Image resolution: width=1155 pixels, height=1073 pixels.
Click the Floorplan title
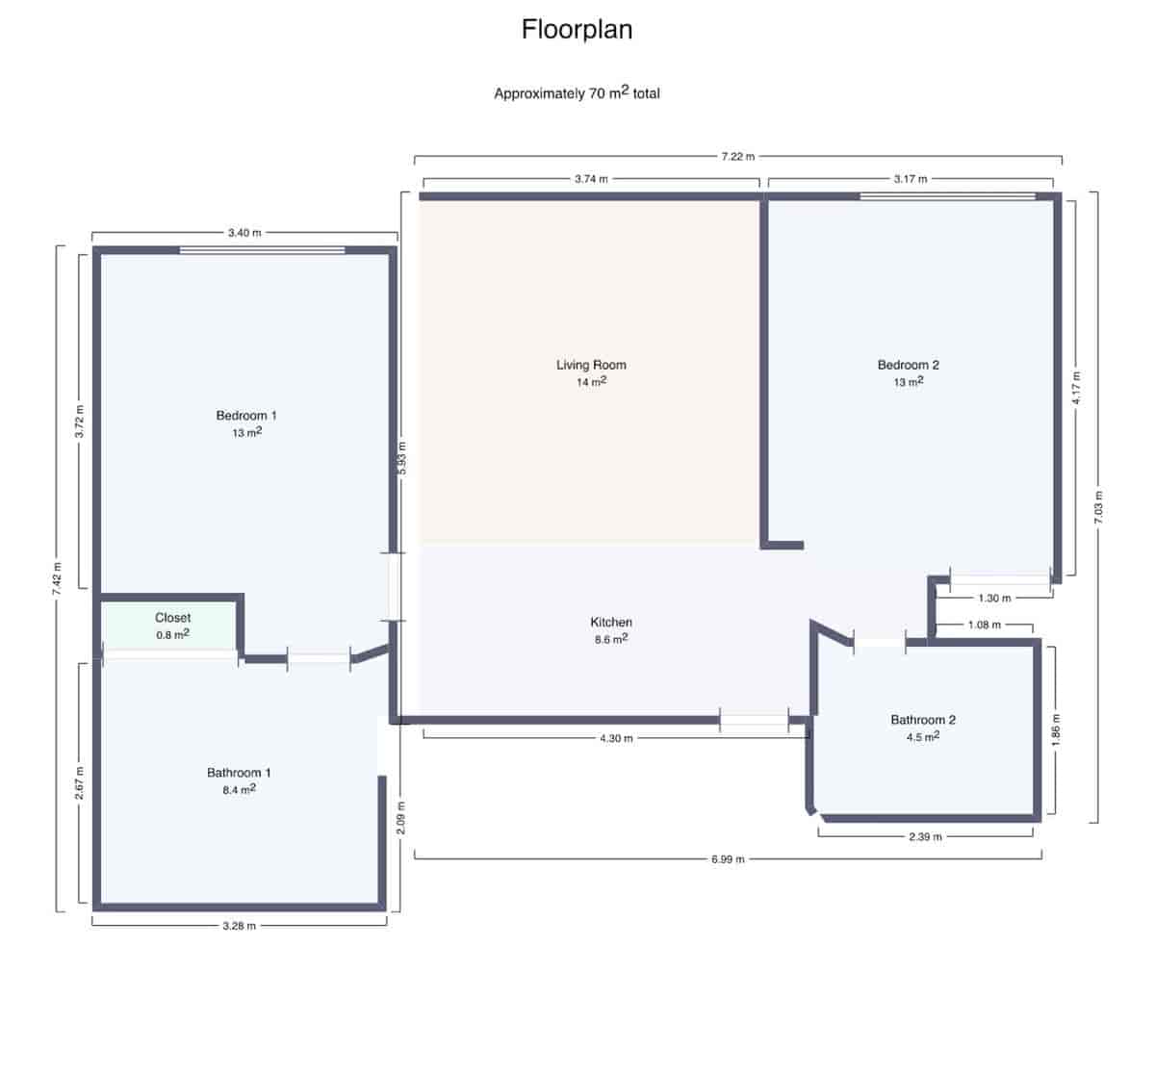pyautogui.click(x=577, y=30)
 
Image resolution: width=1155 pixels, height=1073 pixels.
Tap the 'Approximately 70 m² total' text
pyautogui.click(x=577, y=93)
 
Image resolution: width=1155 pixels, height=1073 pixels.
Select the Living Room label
pyautogui.click(x=591, y=365)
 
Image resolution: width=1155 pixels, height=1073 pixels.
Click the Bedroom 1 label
pyautogui.click(x=246, y=416)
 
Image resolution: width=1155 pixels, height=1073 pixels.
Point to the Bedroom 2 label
pyautogui.click(x=908, y=365)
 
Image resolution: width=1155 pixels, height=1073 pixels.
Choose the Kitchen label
pyautogui.click(x=611, y=623)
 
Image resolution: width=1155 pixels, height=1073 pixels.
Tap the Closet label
pyautogui.click(x=172, y=618)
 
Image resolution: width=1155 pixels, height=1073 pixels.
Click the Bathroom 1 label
pyautogui.click(x=239, y=773)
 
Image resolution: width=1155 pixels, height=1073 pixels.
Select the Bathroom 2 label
pyautogui.click(x=922, y=720)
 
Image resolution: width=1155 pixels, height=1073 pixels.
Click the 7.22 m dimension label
pyautogui.click(x=738, y=156)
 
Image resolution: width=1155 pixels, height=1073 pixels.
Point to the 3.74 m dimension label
pyautogui.click(x=591, y=179)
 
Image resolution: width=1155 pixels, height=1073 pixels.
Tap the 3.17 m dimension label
pyautogui.click(x=910, y=179)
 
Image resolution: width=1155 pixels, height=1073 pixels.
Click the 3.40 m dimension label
pyautogui.click(x=244, y=233)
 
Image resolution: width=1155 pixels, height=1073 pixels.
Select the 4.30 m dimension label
pyautogui.click(x=616, y=739)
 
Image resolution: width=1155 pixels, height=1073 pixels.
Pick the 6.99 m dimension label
pyautogui.click(x=728, y=859)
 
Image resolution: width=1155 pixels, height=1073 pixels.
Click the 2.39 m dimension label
pyautogui.click(x=925, y=837)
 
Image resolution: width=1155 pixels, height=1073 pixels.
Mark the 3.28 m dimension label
pyautogui.click(x=239, y=926)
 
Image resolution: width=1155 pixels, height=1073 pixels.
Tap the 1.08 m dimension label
pyautogui.click(x=984, y=626)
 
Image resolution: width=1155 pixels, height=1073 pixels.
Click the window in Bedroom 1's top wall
pyautogui.click(x=262, y=251)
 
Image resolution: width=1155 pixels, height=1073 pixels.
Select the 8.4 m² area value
pyautogui.click(x=239, y=790)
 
